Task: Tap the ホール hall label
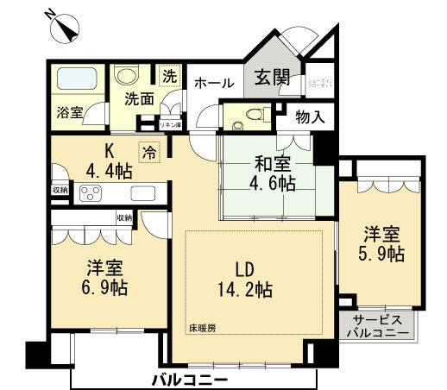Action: (x=213, y=84)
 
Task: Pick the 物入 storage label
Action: (x=309, y=117)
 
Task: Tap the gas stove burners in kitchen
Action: (x=91, y=192)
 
